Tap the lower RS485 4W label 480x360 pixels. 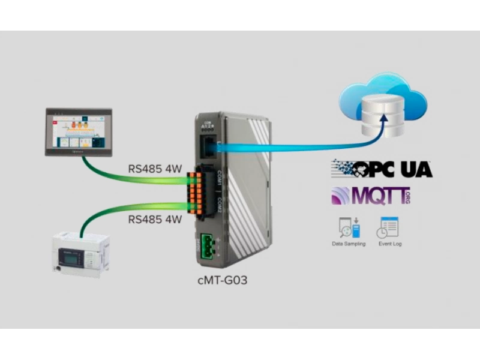click(x=155, y=220)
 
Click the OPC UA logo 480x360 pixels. click(x=382, y=169)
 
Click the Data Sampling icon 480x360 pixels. click(x=349, y=227)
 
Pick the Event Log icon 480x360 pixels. click(x=386, y=227)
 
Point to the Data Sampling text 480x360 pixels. click(x=349, y=244)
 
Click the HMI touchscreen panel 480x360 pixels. click(x=79, y=132)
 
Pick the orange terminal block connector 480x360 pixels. click(x=193, y=193)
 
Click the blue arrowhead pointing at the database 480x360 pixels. click(x=382, y=128)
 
